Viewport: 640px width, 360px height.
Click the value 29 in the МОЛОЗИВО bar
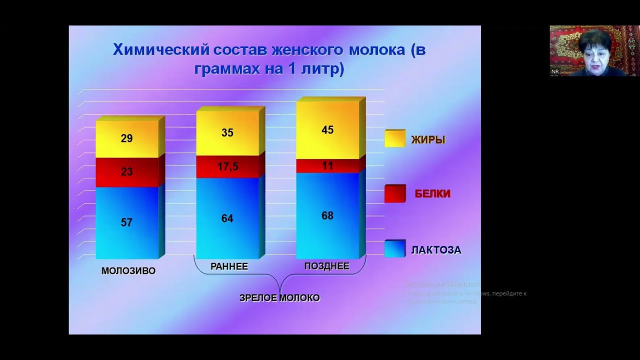tap(126, 138)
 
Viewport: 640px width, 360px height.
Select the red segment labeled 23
tap(126, 172)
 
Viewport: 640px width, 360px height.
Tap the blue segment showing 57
tap(126, 222)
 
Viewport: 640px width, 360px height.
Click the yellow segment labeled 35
tap(227, 133)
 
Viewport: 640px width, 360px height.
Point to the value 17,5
tap(227, 167)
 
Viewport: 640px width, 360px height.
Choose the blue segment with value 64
tap(227, 218)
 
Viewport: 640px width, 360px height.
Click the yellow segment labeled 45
tap(327, 130)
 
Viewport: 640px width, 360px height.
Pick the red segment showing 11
tap(327, 165)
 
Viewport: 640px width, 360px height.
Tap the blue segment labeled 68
tap(327, 216)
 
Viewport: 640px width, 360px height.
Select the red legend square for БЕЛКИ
tap(394, 193)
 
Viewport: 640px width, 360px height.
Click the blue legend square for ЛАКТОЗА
tap(394, 249)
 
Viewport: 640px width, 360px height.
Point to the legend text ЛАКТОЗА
tap(436, 250)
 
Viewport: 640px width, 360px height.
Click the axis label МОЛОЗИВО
tap(128, 271)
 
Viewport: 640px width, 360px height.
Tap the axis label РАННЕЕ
tap(229, 266)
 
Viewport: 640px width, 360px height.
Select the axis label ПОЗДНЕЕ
tap(327, 266)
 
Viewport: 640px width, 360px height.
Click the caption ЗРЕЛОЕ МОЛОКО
tap(279, 298)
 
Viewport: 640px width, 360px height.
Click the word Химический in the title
tap(160, 50)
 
